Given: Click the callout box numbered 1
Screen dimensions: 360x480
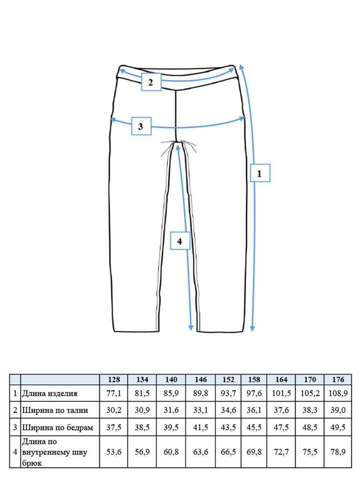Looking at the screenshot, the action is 260,173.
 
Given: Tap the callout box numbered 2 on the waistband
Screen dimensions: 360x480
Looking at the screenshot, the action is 151,82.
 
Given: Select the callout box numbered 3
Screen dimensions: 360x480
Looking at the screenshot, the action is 141,126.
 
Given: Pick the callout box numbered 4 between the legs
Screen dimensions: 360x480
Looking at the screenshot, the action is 180,240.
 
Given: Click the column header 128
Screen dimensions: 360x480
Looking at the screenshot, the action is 114,380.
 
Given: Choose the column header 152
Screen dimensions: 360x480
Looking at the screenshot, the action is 228,380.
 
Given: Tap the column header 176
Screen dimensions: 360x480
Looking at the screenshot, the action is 338,380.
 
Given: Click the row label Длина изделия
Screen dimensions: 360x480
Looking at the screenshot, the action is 50,394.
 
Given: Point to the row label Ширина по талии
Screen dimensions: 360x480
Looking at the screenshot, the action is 55,410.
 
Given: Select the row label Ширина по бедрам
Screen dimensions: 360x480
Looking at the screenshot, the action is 58,427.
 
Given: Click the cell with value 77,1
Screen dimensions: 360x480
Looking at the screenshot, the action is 114,394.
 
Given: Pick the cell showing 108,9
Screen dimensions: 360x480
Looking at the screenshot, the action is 338,394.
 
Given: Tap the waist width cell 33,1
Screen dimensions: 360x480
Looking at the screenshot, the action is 200,410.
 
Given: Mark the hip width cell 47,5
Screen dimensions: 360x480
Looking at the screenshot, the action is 281,427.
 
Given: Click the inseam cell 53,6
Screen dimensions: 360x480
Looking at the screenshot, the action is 114,452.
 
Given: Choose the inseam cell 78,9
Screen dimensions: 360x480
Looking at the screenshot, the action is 338,452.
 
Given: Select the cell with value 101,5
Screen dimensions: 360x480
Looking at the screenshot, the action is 281,394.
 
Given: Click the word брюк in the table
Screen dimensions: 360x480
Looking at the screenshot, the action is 32,463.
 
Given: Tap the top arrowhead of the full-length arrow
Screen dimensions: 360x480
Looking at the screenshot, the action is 241,67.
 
